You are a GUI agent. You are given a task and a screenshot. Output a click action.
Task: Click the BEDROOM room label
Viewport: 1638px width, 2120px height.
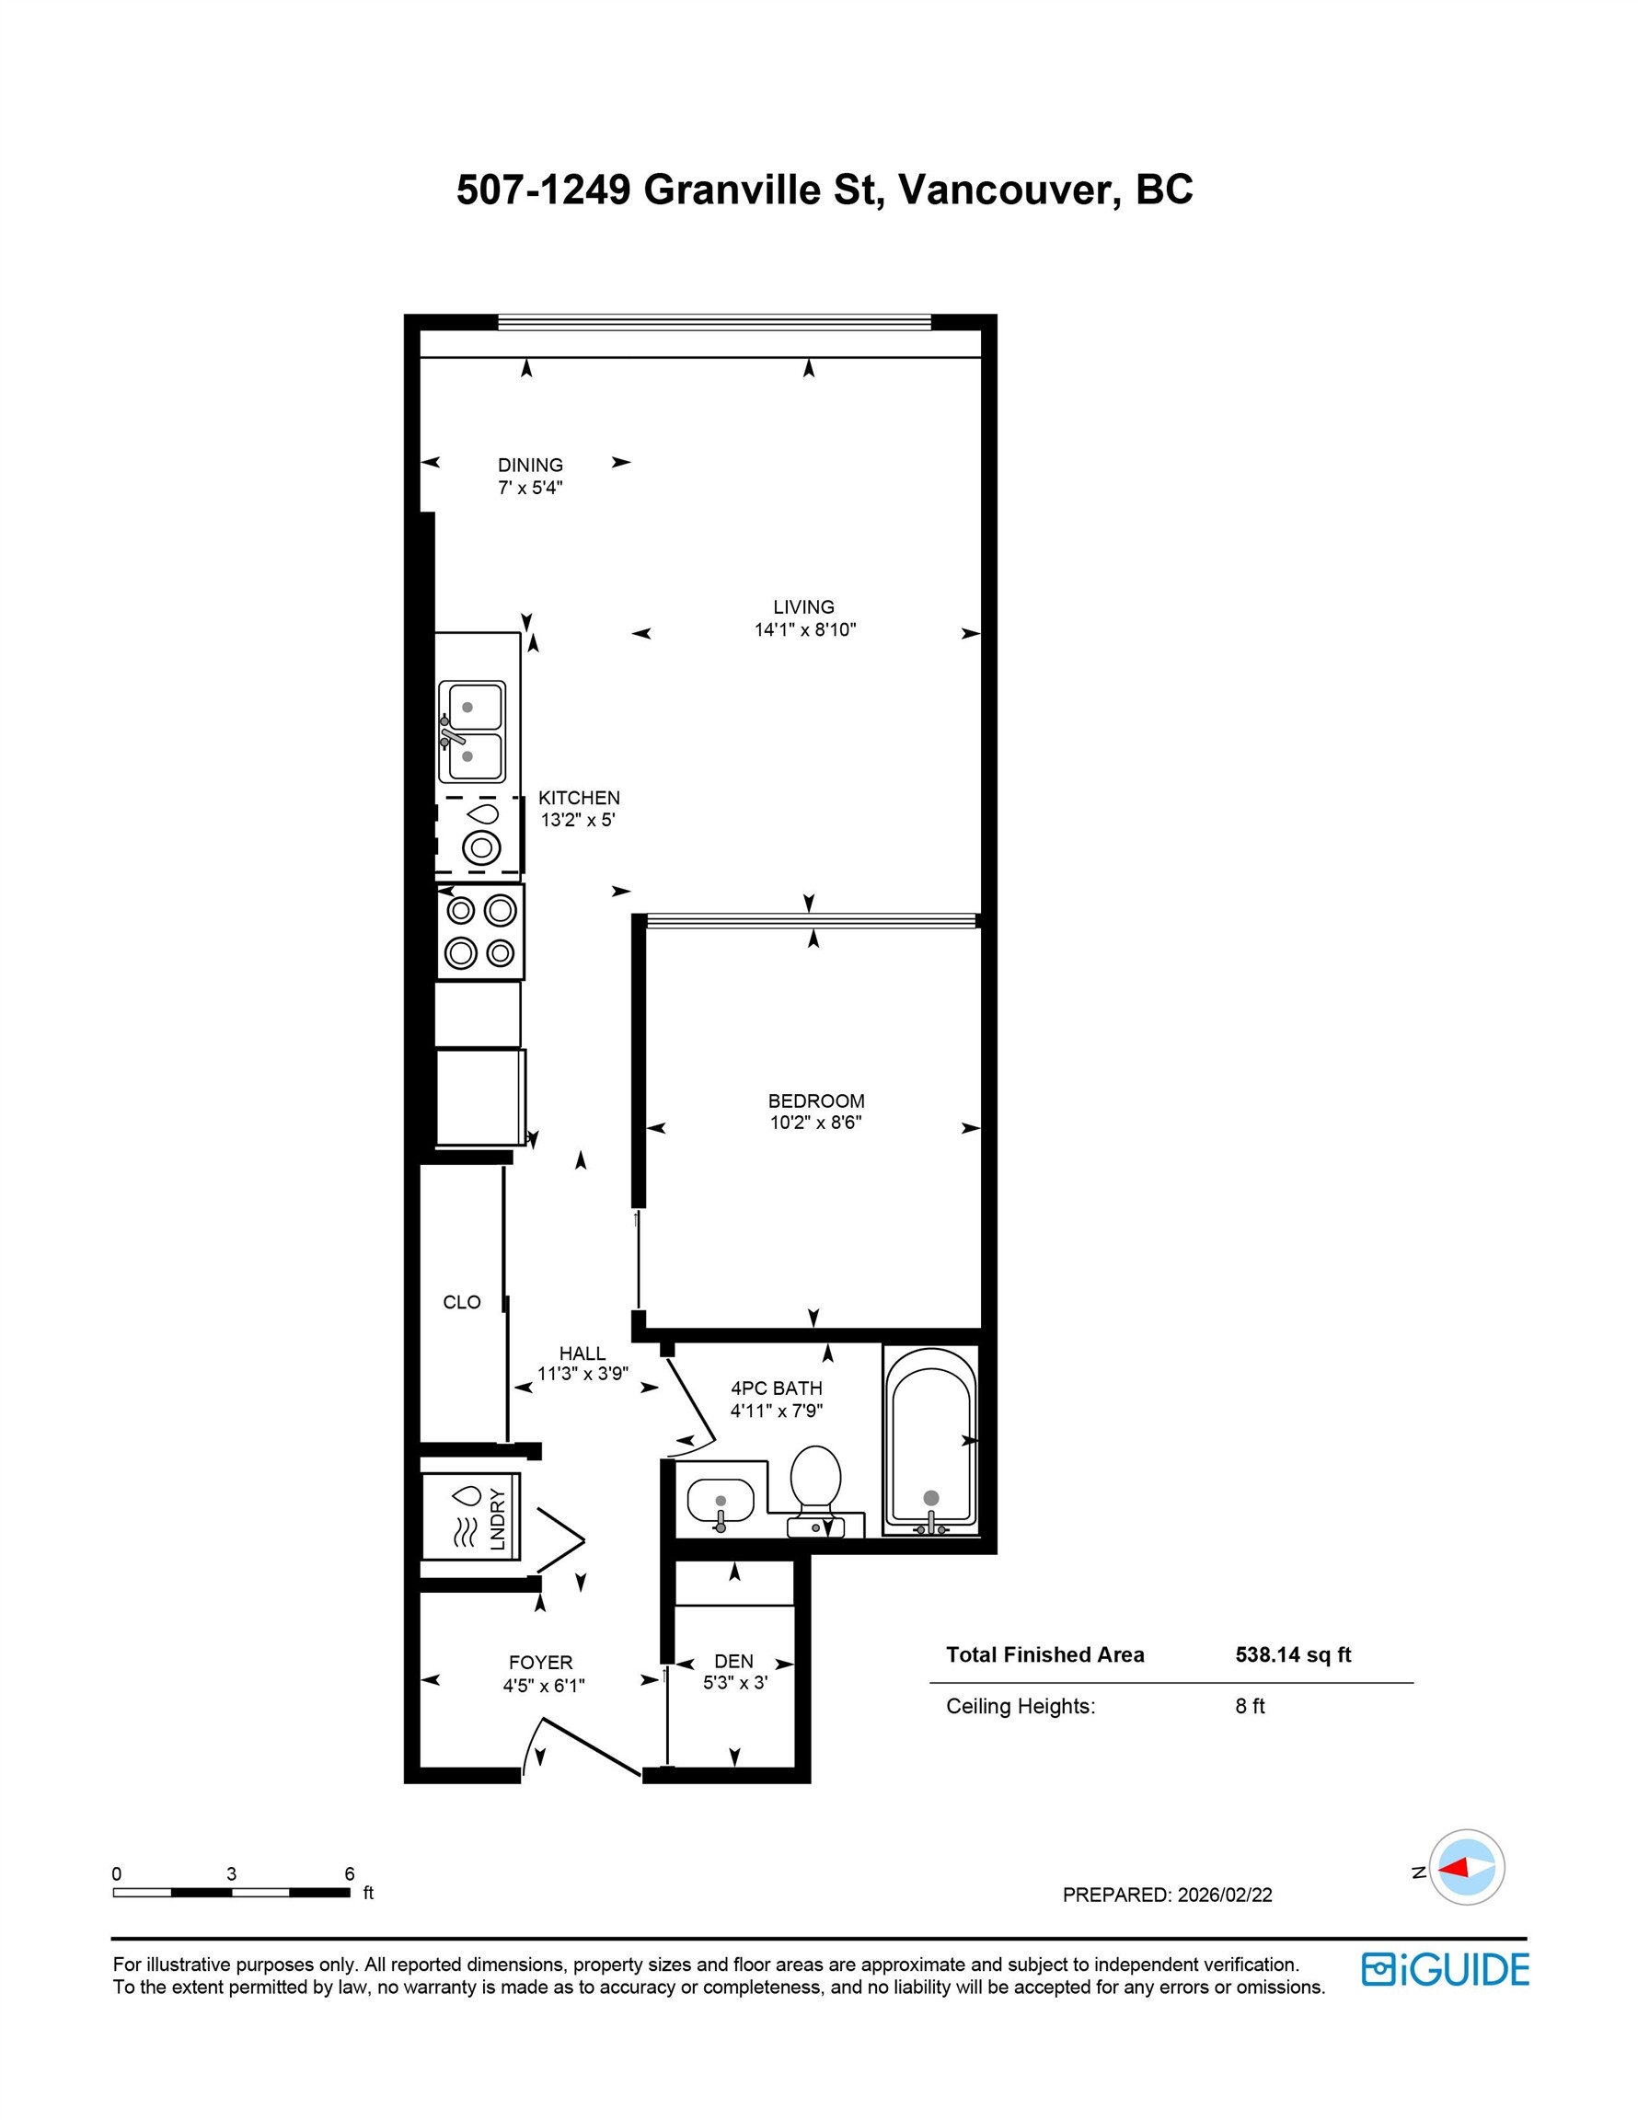pos(815,1100)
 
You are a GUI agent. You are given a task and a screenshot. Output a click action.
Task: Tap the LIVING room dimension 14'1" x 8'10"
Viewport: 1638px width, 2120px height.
pos(805,629)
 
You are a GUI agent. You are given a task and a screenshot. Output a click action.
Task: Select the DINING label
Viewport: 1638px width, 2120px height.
pos(530,465)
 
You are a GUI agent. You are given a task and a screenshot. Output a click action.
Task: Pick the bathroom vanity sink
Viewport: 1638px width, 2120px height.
pos(721,1502)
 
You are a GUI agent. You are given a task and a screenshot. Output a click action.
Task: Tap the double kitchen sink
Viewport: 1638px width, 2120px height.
pos(471,731)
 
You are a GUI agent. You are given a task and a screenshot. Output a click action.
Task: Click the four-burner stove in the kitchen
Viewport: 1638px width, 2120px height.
pos(479,931)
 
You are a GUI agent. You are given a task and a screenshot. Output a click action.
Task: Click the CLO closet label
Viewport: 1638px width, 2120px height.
pos(461,1302)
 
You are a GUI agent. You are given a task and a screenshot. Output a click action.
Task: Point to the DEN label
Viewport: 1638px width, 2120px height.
pos(734,1661)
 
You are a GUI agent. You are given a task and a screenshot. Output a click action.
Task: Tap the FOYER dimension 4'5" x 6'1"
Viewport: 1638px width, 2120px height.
pos(544,1685)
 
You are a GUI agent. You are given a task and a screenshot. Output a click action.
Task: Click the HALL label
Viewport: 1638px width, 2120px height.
pos(582,1353)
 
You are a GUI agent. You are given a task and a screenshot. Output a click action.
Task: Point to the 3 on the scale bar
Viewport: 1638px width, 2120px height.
pos(231,1873)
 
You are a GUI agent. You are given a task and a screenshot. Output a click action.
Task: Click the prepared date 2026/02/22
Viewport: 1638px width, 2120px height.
pos(1225,1895)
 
